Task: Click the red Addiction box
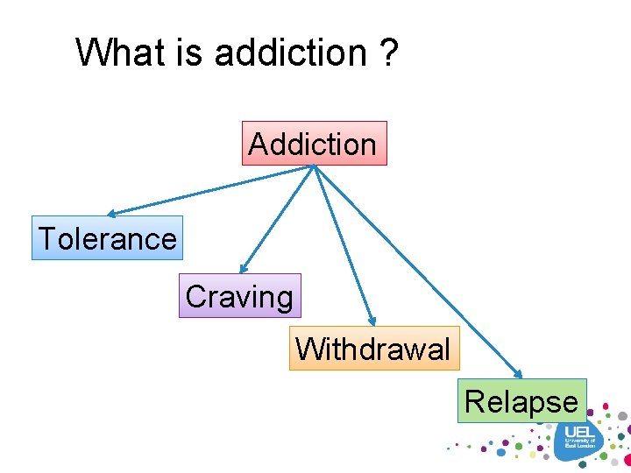point(314,144)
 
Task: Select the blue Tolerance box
point(107,238)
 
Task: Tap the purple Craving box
point(239,296)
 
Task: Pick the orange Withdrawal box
point(373,349)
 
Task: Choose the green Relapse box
point(521,401)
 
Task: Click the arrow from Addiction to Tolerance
point(210,190)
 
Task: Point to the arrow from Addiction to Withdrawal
point(344,246)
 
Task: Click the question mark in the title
point(388,53)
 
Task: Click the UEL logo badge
point(579,439)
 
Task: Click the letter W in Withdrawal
point(308,349)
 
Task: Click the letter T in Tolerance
point(47,238)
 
